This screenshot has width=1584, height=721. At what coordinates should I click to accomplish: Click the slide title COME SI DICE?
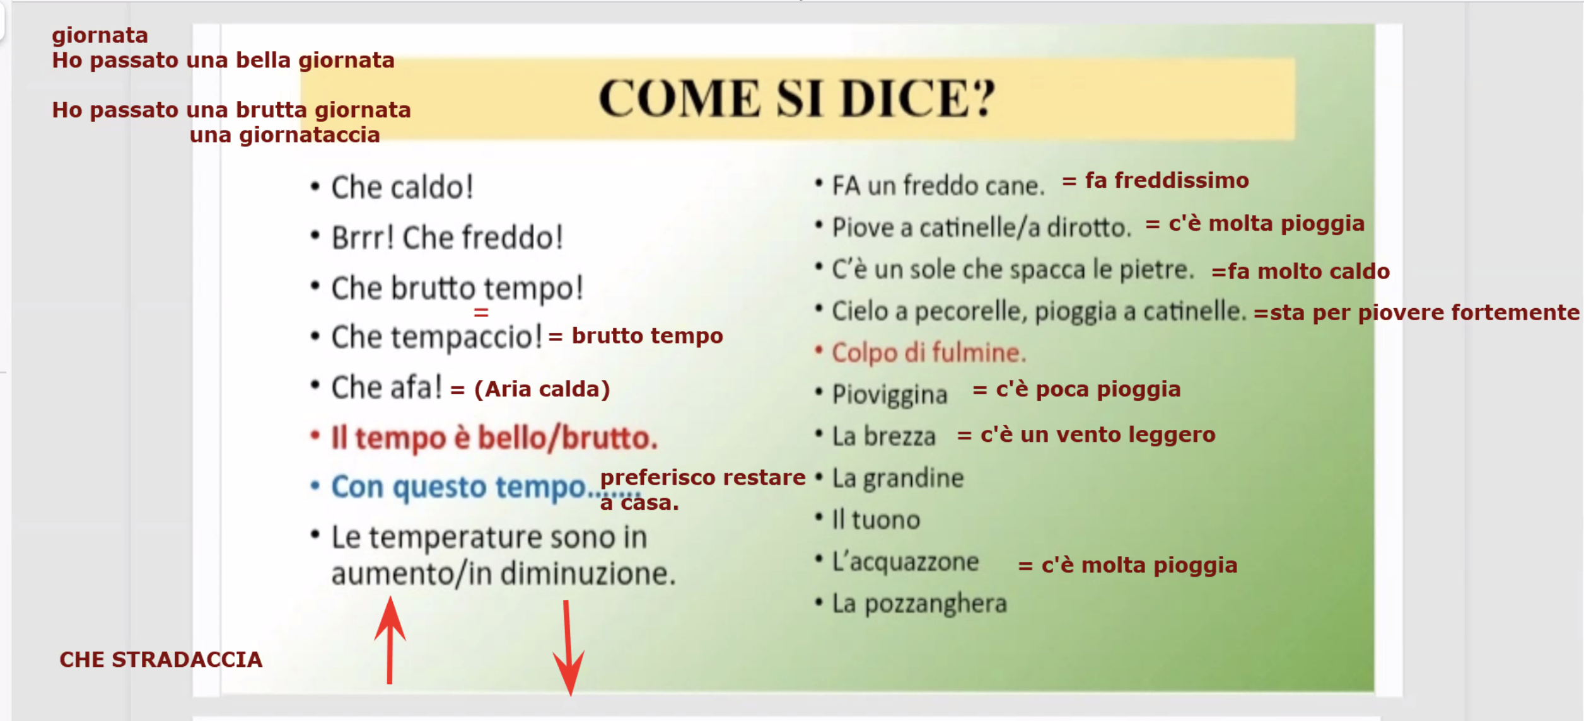(x=796, y=98)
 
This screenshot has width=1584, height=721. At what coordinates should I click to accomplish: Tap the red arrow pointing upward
(x=390, y=640)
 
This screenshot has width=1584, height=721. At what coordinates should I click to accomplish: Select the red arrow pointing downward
(x=568, y=648)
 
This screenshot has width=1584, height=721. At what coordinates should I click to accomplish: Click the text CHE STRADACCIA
(x=161, y=659)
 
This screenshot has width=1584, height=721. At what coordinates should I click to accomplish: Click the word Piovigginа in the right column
(x=890, y=395)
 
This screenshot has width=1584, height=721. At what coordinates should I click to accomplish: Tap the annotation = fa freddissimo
(x=1155, y=180)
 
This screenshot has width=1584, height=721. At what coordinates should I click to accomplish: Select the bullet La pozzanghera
(x=919, y=604)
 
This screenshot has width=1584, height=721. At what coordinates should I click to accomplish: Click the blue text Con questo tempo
(x=459, y=487)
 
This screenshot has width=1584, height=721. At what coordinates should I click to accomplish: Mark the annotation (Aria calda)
(x=542, y=389)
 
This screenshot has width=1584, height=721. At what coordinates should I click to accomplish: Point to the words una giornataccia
(x=285, y=135)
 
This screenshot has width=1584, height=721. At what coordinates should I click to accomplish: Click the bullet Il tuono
(x=876, y=520)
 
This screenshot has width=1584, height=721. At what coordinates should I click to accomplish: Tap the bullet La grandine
(x=898, y=478)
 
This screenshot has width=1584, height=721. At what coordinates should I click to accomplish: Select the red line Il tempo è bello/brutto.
(x=494, y=437)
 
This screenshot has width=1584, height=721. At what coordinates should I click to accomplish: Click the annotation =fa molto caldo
(x=1300, y=272)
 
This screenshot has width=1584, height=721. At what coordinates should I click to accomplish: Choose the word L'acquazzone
(x=905, y=562)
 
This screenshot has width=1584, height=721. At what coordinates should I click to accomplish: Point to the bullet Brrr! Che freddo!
(x=447, y=238)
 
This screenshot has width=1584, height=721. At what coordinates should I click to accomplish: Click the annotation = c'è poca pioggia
(x=1076, y=389)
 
